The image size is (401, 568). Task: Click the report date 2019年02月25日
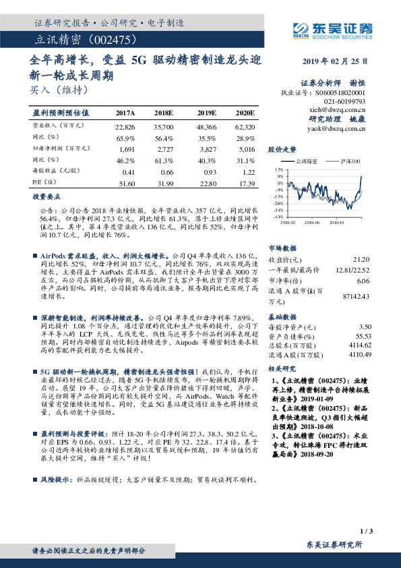pos(340,61)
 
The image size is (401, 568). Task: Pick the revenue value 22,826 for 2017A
pos(125,126)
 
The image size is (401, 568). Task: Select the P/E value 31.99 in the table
pos(165,183)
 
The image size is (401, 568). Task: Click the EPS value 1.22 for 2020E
pos(247,172)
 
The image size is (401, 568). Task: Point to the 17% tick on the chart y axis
pos(278,170)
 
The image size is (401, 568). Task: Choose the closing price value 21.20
pos(361,260)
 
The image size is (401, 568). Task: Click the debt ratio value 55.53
pos(364,335)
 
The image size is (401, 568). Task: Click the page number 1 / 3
pos(366,532)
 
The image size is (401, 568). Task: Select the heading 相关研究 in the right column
pos(282,369)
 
